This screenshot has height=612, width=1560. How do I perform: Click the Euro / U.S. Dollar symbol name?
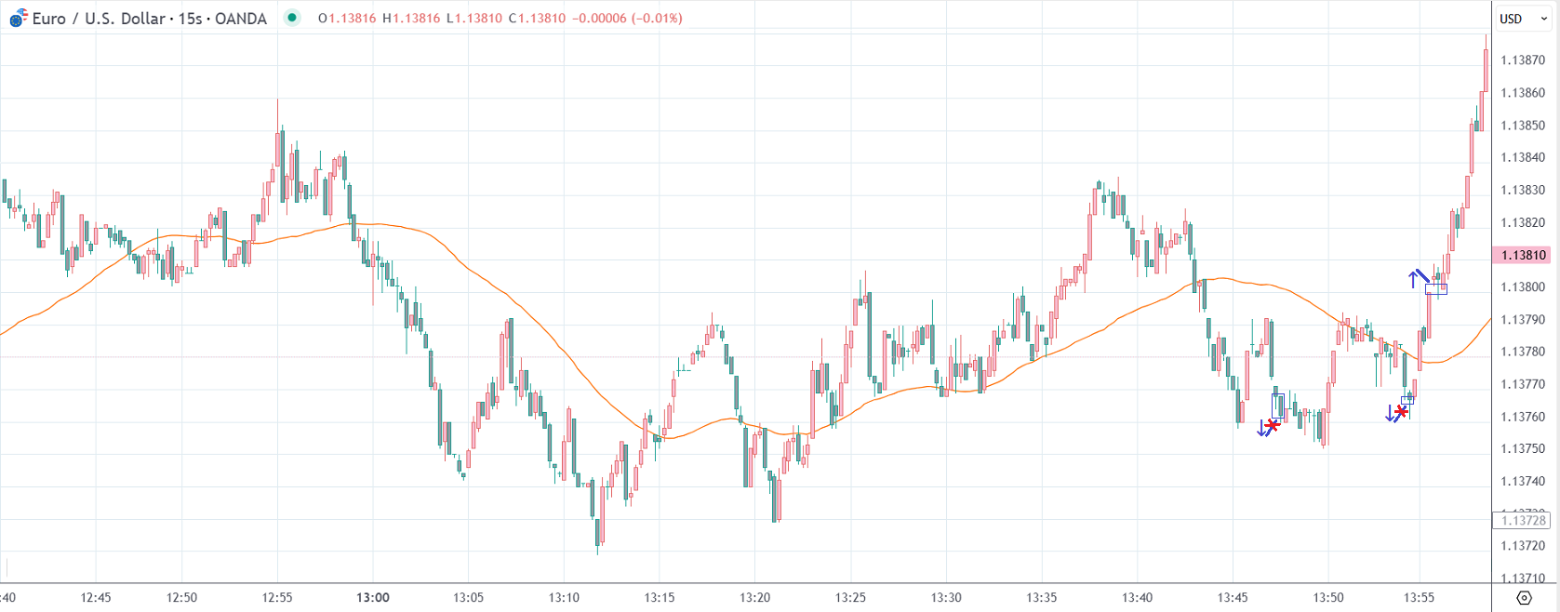coord(98,19)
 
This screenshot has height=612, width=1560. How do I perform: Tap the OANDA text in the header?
coord(240,19)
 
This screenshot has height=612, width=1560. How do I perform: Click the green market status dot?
coord(292,18)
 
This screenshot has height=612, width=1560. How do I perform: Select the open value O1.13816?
coord(347,19)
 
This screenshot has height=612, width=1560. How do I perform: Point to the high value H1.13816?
coord(411,19)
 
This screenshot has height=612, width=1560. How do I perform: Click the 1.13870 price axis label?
coord(1523,60)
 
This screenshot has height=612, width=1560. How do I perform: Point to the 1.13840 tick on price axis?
coord(1523,157)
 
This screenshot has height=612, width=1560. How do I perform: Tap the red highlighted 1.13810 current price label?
coord(1523,255)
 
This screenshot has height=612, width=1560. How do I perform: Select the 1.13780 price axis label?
coord(1523,352)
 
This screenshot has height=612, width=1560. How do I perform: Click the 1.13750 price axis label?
coord(1523,448)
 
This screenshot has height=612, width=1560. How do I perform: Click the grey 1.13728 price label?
coord(1523,520)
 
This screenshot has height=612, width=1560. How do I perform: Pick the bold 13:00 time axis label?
coord(373,597)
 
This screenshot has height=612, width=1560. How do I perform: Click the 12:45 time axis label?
coord(96,597)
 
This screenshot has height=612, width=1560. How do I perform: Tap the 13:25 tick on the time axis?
coord(850,597)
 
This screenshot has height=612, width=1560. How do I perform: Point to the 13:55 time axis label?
coord(1419,597)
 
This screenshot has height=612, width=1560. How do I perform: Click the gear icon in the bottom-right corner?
coord(1524,597)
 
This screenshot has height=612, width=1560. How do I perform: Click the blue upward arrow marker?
coord(1413,277)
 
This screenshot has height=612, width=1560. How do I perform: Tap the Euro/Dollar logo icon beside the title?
coord(18,18)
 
